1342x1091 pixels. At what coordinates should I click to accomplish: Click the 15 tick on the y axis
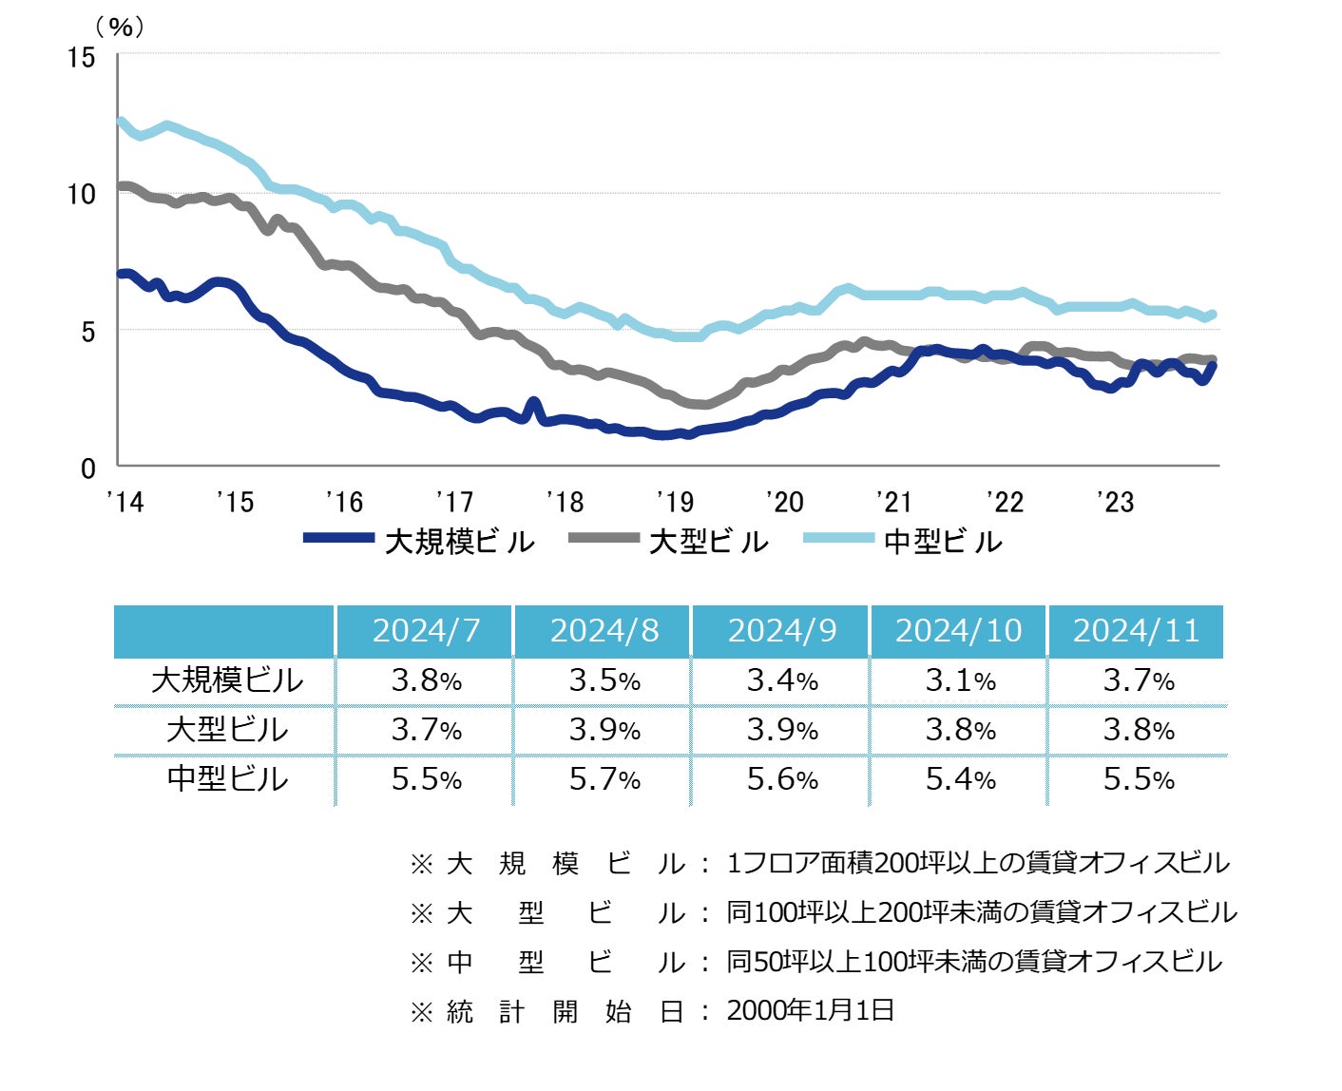82,58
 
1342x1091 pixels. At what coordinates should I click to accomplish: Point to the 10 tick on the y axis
82,195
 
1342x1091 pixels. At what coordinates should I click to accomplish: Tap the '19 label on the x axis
675,502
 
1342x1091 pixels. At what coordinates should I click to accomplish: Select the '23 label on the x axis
1115,502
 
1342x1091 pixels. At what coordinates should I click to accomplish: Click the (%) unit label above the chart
121,27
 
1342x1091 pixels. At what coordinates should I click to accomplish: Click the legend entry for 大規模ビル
459,542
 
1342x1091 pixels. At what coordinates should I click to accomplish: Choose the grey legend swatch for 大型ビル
604,539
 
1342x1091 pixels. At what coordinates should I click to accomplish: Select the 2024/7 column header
426,631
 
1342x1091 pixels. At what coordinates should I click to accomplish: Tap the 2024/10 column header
959,631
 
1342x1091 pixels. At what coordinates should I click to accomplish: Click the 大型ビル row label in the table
226,730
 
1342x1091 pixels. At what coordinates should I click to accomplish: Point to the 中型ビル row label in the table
226,779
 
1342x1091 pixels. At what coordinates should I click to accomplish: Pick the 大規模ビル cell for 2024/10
960,680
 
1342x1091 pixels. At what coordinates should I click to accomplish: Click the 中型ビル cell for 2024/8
604,779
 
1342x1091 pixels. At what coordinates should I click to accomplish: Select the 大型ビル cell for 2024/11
1138,730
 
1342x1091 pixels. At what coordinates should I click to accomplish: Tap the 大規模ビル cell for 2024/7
426,680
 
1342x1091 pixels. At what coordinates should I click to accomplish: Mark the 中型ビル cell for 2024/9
782,779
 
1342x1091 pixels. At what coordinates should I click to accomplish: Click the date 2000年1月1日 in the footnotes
811,1010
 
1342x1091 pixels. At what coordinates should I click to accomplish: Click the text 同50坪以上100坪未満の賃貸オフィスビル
974,962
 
